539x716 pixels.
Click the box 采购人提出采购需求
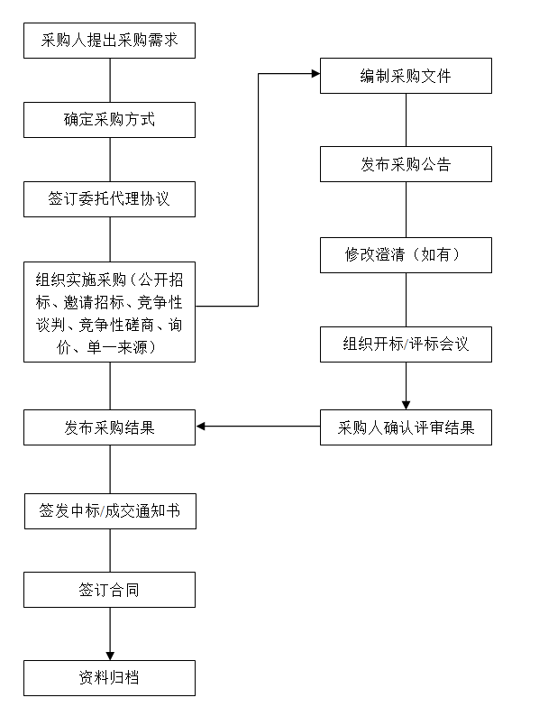pyautogui.click(x=110, y=41)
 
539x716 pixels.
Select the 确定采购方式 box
pyautogui.click(x=110, y=120)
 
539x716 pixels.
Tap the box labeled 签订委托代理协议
pyautogui.click(x=110, y=199)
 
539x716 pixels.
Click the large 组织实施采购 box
pyautogui.click(x=110, y=312)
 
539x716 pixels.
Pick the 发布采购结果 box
pyautogui.click(x=110, y=427)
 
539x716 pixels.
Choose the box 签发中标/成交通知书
pyautogui.click(x=111, y=511)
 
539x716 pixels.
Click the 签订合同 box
pyautogui.click(x=110, y=590)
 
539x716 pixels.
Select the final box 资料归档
pyautogui.click(x=110, y=678)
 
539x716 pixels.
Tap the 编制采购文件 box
pyautogui.click(x=406, y=76)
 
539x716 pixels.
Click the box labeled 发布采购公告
pyautogui.click(x=406, y=164)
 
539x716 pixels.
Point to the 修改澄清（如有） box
pyautogui.click(x=406, y=255)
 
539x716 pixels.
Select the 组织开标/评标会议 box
pyautogui.click(x=406, y=344)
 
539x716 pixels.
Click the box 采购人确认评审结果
pyautogui.click(x=406, y=427)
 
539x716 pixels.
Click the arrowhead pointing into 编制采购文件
pyautogui.click(x=315, y=74)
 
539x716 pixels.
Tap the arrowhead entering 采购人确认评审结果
pyautogui.click(x=406, y=406)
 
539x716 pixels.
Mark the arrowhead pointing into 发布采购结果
pyautogui.click(x=200, y=427)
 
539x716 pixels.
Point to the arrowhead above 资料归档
pyautogui.click(x=110, y=656)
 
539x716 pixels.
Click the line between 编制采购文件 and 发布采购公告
pyautogui.click(x=407, y=120)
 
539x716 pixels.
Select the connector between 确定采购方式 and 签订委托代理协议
pyautogui.click(x=110, y=160)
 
